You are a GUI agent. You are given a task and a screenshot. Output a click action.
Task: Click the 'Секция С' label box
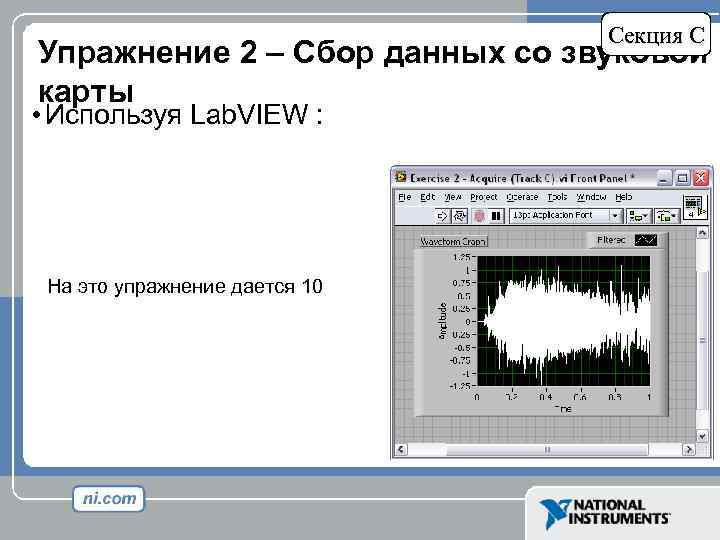coord(658,35)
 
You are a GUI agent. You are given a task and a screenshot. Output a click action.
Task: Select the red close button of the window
coord(700,178)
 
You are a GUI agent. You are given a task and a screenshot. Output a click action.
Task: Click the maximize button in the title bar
coord(682,178)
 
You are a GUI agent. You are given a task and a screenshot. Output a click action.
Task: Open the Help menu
coord(624,197)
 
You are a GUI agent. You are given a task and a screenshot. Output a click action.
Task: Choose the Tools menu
coord(558,197)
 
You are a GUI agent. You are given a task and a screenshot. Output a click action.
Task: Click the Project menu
coord(484,197)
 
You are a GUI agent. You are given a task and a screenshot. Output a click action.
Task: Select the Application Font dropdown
coord(566,215)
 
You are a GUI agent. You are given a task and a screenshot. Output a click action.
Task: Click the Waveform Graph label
coord(453,241)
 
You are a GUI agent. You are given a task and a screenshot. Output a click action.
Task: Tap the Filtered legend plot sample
coord(646,240)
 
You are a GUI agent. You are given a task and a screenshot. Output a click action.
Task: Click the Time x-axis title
coord(564,409)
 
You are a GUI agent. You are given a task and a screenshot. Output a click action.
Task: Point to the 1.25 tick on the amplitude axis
coord(462,257)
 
